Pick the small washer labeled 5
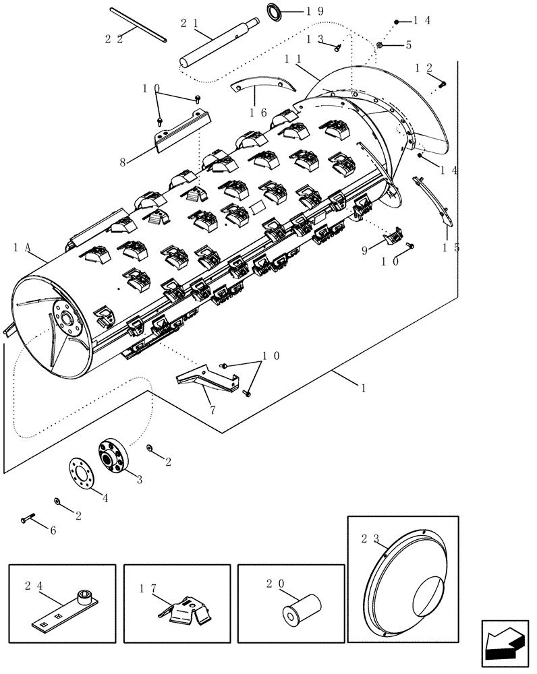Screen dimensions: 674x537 [x=380, y=44]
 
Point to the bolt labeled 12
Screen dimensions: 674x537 [x=443, y=84]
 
